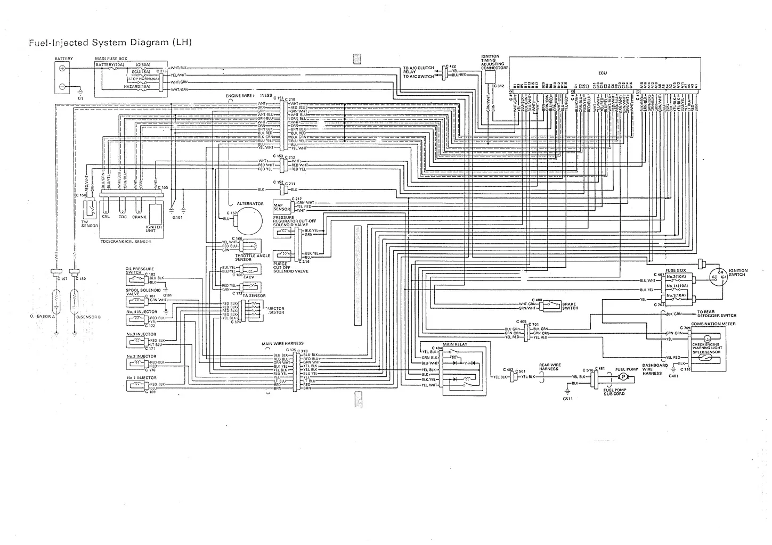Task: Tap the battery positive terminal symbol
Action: tap(62, 69)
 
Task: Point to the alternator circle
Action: tap(248, 218)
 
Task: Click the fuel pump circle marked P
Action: tap(622, 377)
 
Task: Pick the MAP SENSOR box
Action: tap(281, 207)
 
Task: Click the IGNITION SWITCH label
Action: tap(738, 273)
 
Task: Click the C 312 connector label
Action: tap(499, 86)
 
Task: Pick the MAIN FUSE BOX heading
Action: tap(111, 59)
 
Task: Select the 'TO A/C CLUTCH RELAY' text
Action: tap(418, 70)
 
